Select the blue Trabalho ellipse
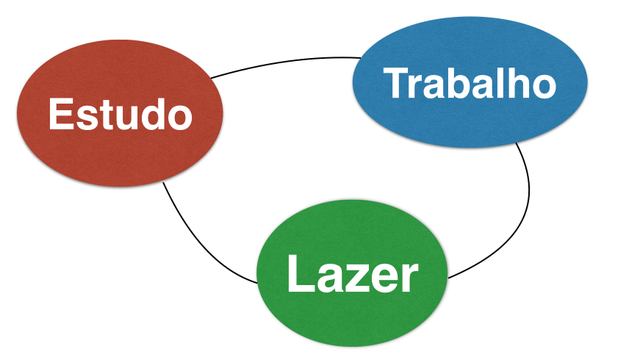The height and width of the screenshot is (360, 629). point(470,118)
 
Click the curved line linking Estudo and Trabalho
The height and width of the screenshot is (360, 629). point(287,60)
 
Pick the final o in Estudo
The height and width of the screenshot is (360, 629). point(179,118)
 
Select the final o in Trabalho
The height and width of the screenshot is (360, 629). point(542,85)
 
